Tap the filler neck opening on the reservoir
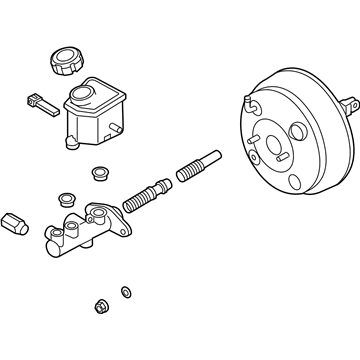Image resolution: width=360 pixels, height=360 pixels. point(82,92)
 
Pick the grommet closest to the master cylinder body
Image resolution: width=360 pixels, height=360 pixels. point(66,197)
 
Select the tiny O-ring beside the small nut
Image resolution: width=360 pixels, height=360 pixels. point(124,291)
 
